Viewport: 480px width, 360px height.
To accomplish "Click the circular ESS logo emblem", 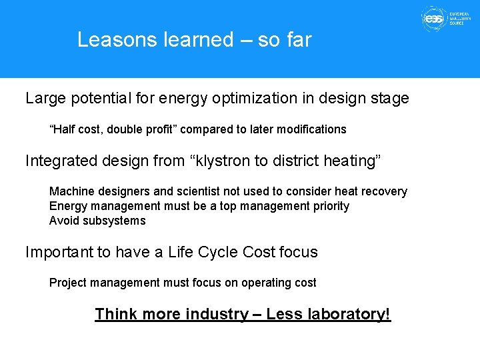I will tap(433, 19).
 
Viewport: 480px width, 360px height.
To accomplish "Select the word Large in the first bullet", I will tap(45, 99).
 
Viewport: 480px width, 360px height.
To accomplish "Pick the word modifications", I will tap(311, 129).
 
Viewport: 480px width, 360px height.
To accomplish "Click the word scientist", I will tap(196, 191).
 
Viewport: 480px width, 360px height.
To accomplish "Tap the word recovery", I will tap(384, 191).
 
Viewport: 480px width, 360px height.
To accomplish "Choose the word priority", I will tap(327, 206).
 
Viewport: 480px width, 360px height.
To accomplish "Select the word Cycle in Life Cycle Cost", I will tap(218, 252).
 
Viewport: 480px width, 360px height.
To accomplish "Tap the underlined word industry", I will tap(217, 314).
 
